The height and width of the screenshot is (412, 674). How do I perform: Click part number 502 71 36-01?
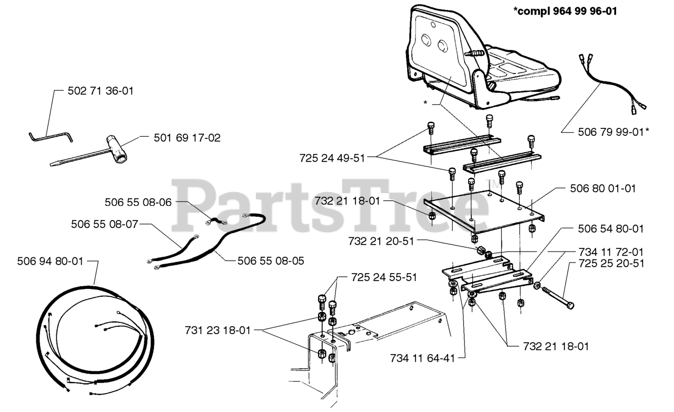[101, 91]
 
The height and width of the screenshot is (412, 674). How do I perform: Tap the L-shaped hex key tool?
[50, 136]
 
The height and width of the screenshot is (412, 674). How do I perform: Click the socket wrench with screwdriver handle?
[95, 153]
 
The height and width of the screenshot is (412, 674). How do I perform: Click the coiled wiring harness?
[95, 337]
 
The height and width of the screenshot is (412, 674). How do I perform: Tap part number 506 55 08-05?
[271, 260]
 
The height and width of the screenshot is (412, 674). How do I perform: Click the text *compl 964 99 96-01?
[565, 12]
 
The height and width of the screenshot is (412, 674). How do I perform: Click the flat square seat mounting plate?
[484, 210]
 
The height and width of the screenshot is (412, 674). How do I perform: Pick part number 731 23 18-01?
[217, 330]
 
